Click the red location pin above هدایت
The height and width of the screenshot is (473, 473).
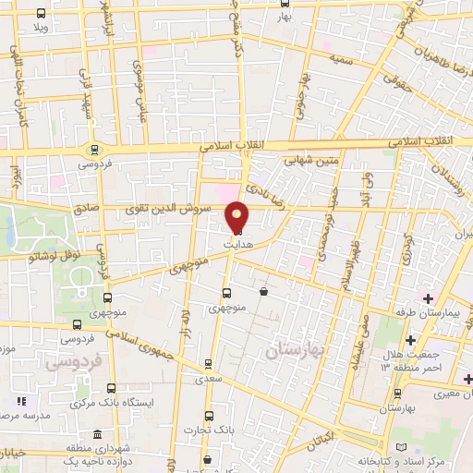(237, 217)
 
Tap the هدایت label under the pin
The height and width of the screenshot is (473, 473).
(237, 243)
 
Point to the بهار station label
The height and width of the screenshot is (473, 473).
(283, 18)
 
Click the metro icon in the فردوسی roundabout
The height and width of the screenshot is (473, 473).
(92, 149)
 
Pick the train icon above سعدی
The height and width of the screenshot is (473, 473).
(209, 363)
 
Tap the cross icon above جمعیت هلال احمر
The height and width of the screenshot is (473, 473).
(409, 340)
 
